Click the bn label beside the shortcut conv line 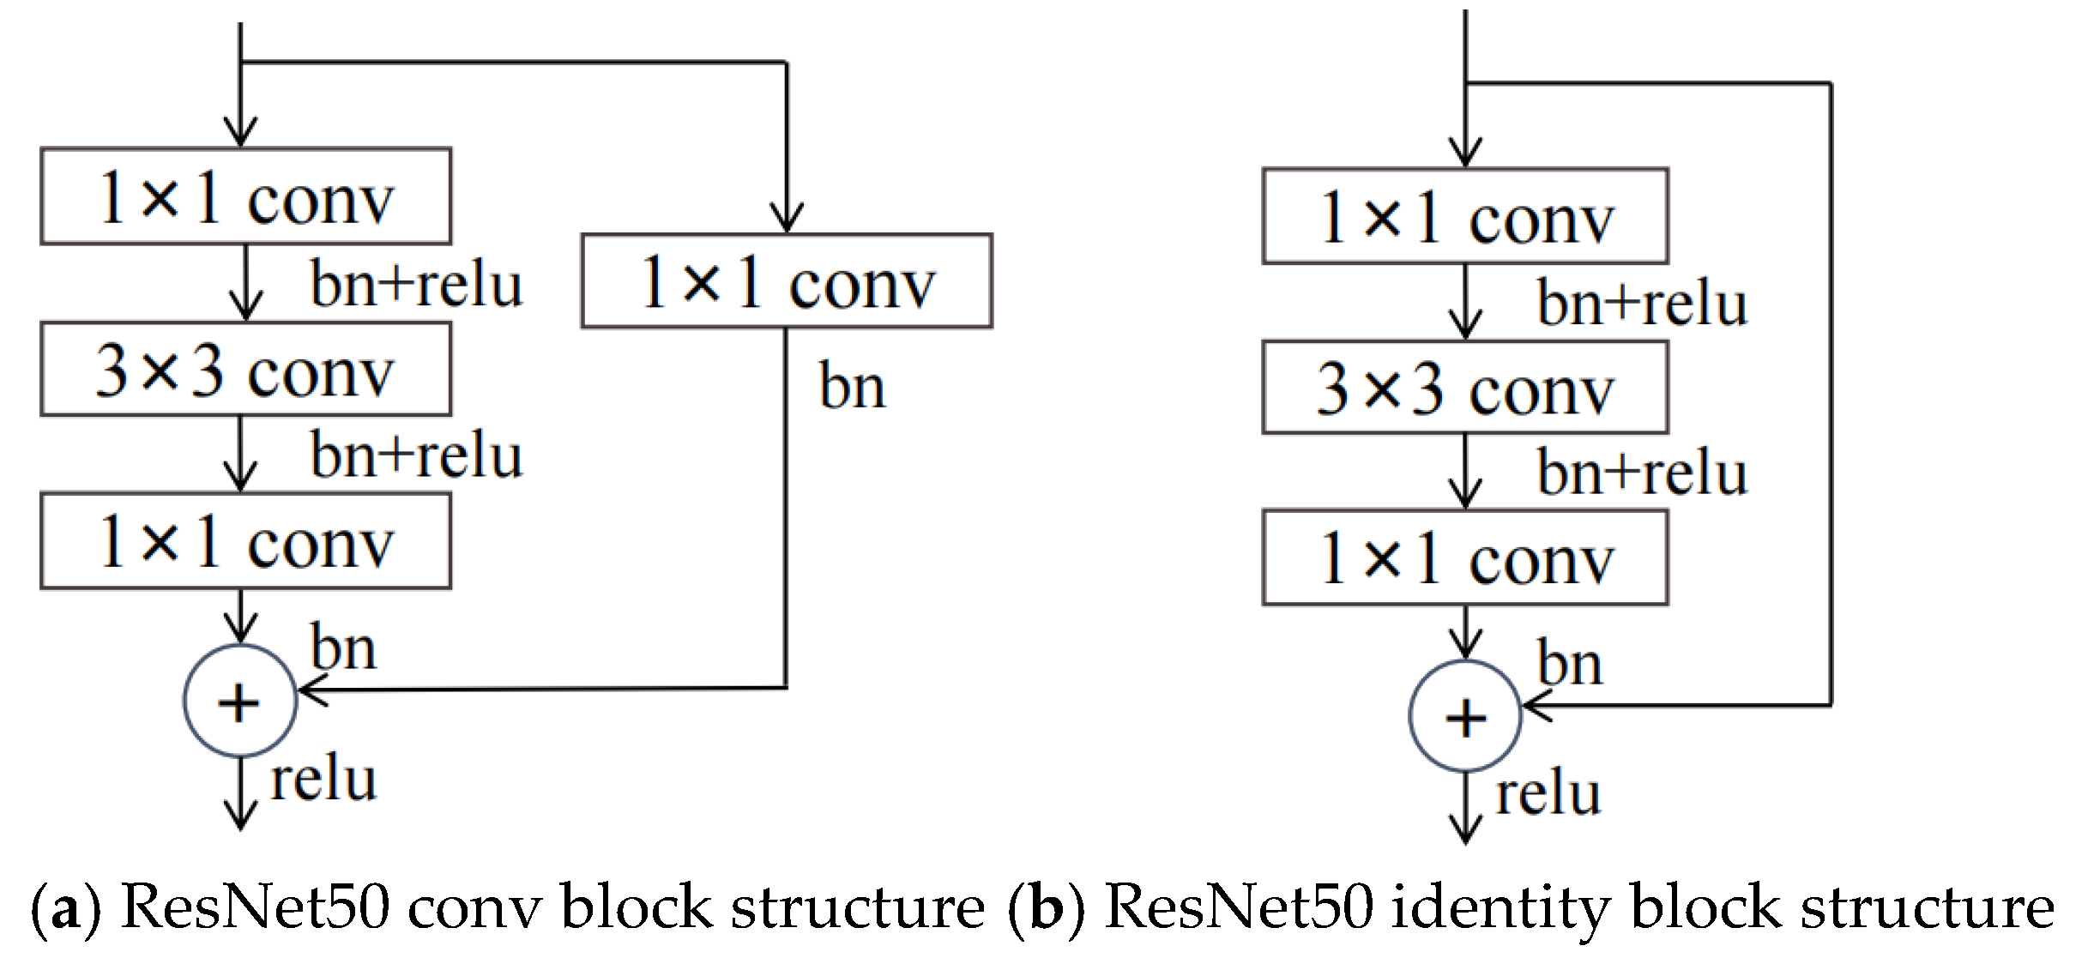(x=852, y=385)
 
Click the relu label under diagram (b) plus (x=1548, y=793)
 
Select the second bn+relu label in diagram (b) (x=1642, y=472)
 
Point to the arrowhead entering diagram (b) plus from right (x=1536, y=707)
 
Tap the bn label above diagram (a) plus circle (x=343, y=647)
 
